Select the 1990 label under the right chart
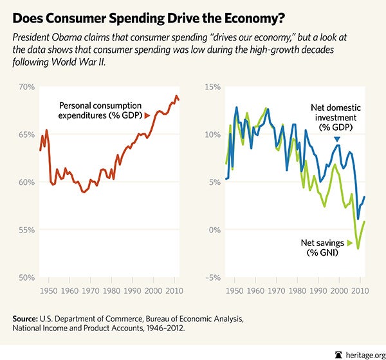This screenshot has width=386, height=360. coord(308,291)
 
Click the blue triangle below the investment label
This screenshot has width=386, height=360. coord(336,138)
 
